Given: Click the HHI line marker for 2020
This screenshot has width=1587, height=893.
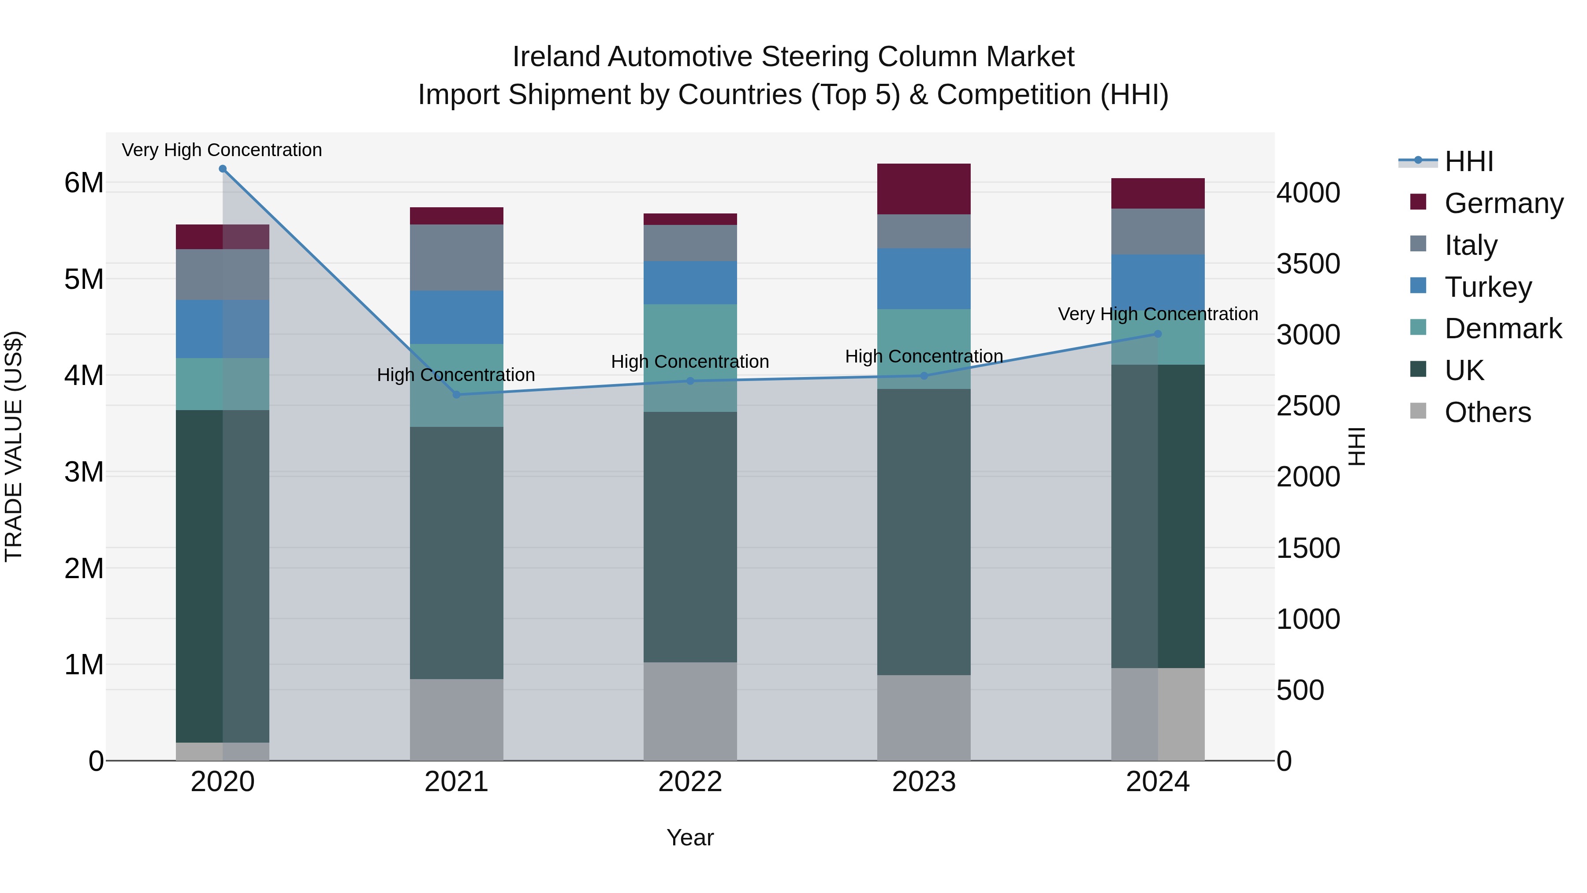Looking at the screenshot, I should click(x=223, y=169).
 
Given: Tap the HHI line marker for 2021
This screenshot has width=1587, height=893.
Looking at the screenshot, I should click(x=457, y=394).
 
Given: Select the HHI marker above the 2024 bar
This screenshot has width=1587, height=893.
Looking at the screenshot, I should click(x=1158, y=334).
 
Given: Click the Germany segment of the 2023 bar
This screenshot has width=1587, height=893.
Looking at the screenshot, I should click(x=924, y=189).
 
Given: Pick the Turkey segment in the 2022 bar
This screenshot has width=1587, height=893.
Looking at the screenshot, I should click(x=690, y=282).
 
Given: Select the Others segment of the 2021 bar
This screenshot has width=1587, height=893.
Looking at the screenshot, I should click(x=457, y=719).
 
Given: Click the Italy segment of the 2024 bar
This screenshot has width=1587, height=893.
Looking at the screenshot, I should click(x=1158, y=231).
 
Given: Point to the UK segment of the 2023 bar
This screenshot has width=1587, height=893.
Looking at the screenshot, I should click(x=924, y=531).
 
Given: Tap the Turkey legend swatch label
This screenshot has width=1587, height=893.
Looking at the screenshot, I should click(x=1487, y=287).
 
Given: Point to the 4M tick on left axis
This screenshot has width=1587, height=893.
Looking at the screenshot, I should click(x=84, y=375).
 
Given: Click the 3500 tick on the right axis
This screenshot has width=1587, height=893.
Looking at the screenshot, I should click(x=1308, y=264).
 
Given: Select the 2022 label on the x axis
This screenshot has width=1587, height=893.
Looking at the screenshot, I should click(x=690, y=782).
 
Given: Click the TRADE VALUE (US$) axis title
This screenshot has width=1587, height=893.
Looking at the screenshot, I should click(x=14, y=446).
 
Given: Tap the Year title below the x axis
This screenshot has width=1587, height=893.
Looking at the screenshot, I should click(x=690, y=837).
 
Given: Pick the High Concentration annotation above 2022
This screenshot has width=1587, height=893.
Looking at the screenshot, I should click(x=690, y=361).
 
